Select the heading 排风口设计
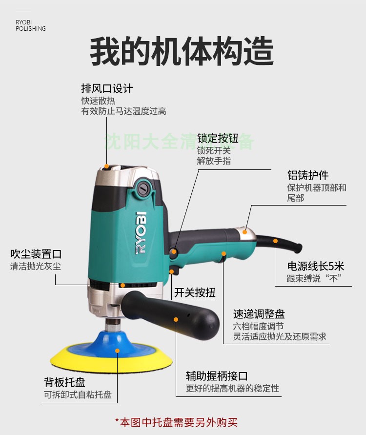[107, 89]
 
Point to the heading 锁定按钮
[218, 138]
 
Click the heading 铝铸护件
[307, 175]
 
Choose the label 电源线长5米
[316, 266]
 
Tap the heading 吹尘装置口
[36, 254]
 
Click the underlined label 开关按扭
[195, 293]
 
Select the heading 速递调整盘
[259, 314]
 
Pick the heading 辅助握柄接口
[217, 376]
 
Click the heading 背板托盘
[64, 382]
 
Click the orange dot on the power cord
[275, 240]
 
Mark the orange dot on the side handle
[176, 319]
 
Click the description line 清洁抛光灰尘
[36, 267]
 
